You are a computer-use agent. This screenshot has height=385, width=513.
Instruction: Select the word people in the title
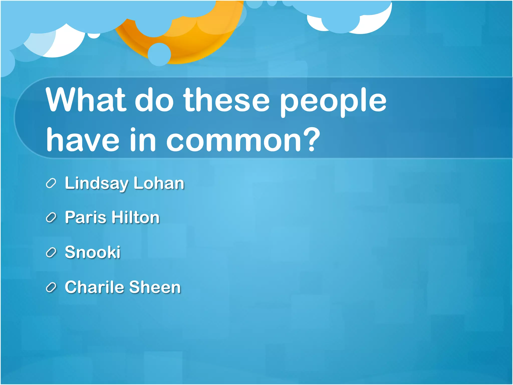click(x=333, y=102)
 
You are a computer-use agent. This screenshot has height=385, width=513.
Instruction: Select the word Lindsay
click(x=96, y=183)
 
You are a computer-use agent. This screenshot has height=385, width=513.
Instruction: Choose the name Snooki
click(x=93, y=252)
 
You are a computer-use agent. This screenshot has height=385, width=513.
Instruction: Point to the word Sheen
click(x=155, y=287)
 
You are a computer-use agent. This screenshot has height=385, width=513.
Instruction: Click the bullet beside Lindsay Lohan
click(x=51, y=183)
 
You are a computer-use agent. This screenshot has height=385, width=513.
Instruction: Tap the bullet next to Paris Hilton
click(x=51, y=218)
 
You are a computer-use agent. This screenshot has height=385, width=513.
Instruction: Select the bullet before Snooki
click(x=51, y=252)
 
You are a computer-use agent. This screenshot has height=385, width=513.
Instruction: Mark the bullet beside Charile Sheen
click(x=51, y=287)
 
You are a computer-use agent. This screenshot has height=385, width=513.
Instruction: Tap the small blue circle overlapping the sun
click(x=159, y=54)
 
